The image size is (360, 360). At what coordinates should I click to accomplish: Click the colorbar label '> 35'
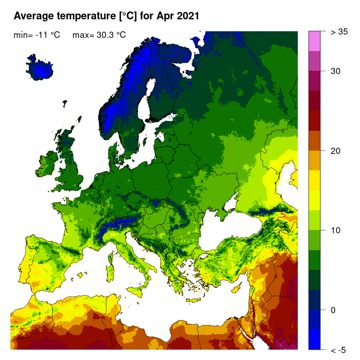point(339,32)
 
